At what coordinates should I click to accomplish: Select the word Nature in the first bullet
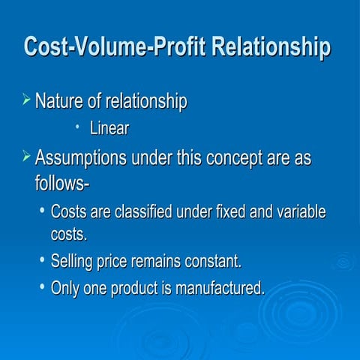click(x=61, y=100)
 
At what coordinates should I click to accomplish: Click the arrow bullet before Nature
click(x=27, y=99)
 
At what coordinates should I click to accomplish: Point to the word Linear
click(x=109, y=129)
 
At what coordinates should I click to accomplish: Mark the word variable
click(x=301, y=212)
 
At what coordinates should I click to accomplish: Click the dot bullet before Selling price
click(x=42, y=262)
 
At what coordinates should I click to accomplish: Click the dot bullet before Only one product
click(x=42, y=286)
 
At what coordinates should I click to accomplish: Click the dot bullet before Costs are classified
click(x=42, y=211)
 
